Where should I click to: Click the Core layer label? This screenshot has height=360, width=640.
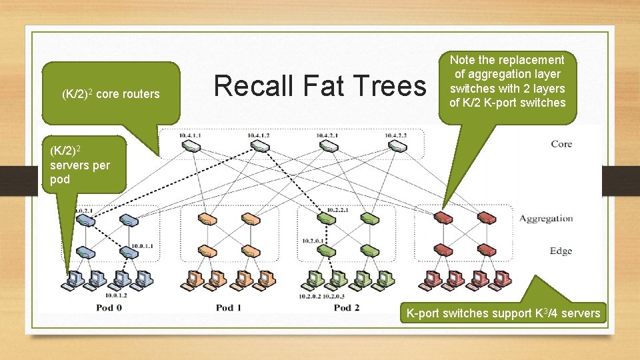pyautogui.click(x=561, y=144)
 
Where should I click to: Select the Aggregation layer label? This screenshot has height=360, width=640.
pyautogui.click(x=546, y=218)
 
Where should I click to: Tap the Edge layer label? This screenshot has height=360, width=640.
pyautogui.click(x=561, y=251)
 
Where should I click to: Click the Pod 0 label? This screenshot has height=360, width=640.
pyautogui.click(x=110, y=307)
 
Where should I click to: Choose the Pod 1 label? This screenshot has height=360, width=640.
pyautogui.click(x=229, y=307)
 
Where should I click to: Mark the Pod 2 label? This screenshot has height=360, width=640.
pyautogui.click(x=346, y=307)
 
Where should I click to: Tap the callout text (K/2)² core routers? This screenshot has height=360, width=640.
pyautogui.click(x=111, y=94)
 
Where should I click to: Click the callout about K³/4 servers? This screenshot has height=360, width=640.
pyautogui.click(x=503, y=313)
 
